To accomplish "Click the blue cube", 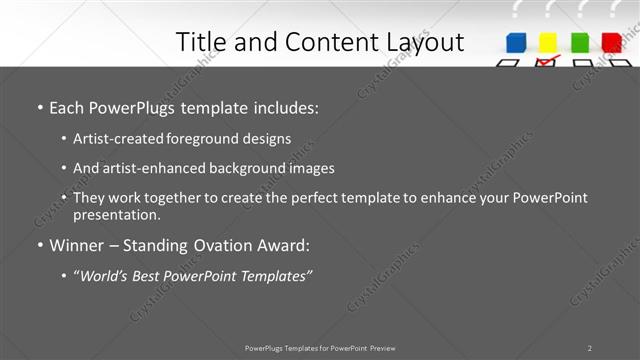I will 517,42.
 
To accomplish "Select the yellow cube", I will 548,42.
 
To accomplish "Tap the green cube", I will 579,42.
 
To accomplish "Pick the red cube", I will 611,42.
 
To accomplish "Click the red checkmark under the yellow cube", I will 546,61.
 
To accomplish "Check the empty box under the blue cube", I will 509,62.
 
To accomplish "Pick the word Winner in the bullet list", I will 79,245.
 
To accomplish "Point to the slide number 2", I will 589,348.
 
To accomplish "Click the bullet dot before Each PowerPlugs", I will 39,107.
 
